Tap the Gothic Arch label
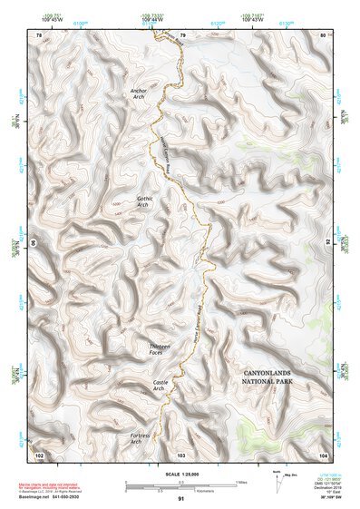[143, 201]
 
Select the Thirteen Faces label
[160, 349]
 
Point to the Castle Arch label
[160, 387]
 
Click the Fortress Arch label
[140, 439]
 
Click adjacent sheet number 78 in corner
[38, 34]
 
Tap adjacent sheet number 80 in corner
[323, 34]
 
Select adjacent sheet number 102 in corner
[38, 454]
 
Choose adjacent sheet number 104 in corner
[323, 454]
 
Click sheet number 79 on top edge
[182, 34]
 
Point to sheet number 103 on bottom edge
[180, 454]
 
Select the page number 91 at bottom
[180, 499]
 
